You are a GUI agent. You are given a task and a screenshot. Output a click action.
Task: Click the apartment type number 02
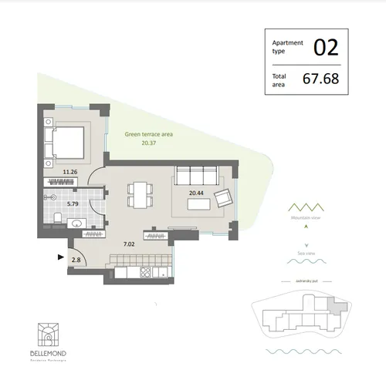[x=326, y=47]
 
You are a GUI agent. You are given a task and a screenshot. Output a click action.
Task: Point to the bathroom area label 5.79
[x=73, y=203]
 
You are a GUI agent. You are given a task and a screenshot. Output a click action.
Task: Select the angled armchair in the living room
[x=223, y=197]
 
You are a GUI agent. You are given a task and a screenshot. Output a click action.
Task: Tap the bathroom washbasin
[x=76, y=224]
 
